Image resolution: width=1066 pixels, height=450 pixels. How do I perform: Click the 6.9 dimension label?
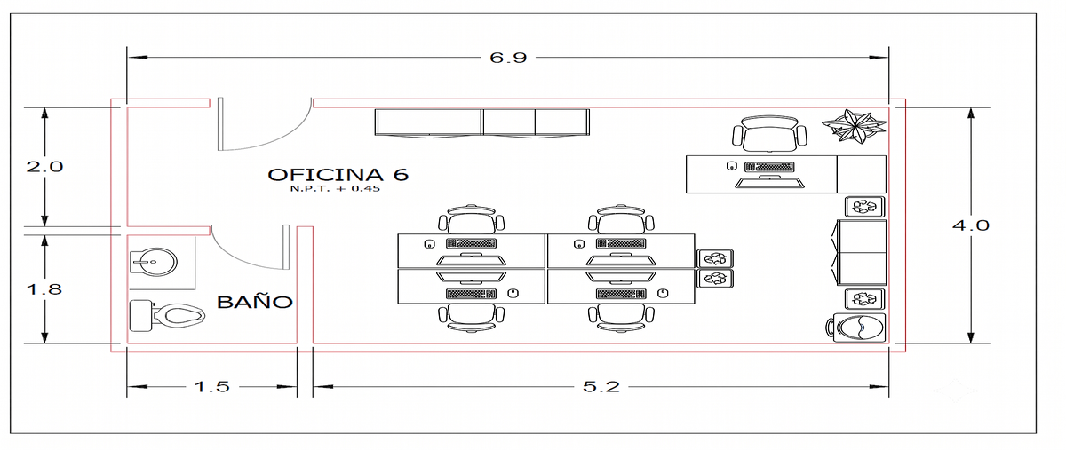pos(508,58)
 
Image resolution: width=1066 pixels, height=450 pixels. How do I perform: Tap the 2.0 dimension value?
pos(44,167)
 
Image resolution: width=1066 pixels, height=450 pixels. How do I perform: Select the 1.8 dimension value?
pos(44,289)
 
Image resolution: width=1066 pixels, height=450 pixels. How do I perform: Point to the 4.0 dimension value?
pos(971,225)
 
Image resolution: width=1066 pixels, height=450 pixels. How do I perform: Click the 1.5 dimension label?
pos(212,386)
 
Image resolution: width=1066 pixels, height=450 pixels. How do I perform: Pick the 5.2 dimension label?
pos(601,386)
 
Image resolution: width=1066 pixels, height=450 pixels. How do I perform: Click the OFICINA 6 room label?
pos(338,175)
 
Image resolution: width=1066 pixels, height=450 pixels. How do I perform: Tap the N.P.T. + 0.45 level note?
pos(335,188)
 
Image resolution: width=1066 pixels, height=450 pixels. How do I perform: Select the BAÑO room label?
pos(255,302)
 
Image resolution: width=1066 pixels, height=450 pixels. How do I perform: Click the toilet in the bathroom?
pos(167,315)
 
